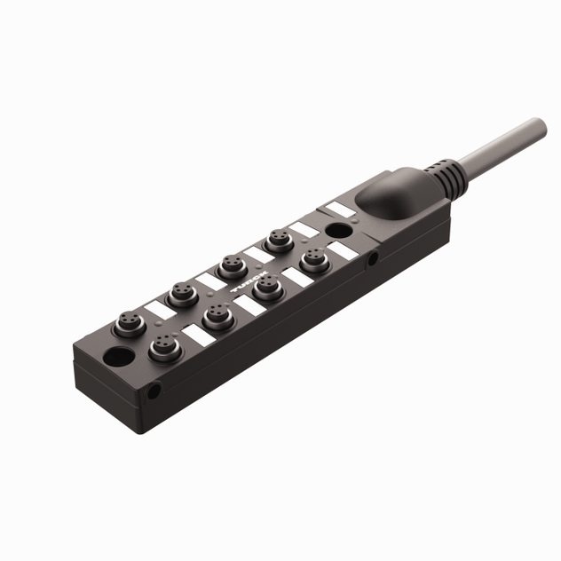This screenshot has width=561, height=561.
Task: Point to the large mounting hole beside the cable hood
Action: [336, 232]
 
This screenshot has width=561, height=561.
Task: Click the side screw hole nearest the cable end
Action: [375, 259]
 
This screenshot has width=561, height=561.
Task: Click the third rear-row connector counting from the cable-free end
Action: [232, 265]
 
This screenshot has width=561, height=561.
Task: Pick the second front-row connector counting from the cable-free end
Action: [215, 316]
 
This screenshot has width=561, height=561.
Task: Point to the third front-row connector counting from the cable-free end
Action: [264, 288]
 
